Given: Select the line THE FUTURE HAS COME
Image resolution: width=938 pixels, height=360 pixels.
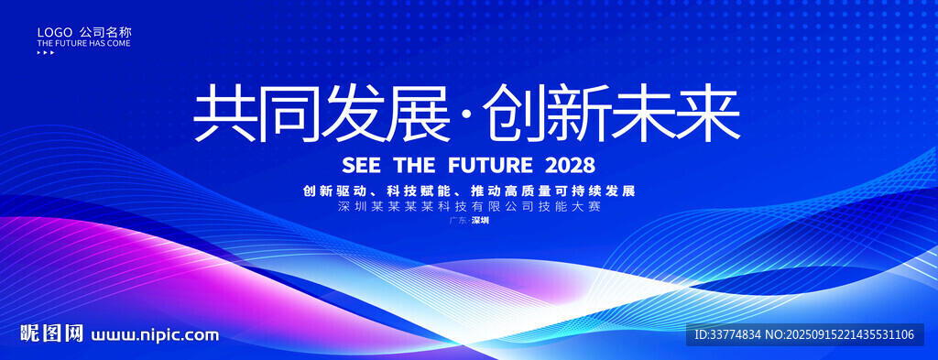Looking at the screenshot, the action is pos(83,44).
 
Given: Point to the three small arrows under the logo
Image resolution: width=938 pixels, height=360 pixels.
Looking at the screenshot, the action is pos(46,52).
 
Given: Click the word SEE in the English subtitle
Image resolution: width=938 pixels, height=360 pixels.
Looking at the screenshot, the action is pos(361,165).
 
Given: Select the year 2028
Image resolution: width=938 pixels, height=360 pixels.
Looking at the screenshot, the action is pos(571,165).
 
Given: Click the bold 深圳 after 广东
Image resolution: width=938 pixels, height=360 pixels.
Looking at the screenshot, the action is pos(480,220).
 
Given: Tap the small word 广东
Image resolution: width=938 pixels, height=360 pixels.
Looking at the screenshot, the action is pos(457,220).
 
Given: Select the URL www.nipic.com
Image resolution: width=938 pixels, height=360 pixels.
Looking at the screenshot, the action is pos(155,335).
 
